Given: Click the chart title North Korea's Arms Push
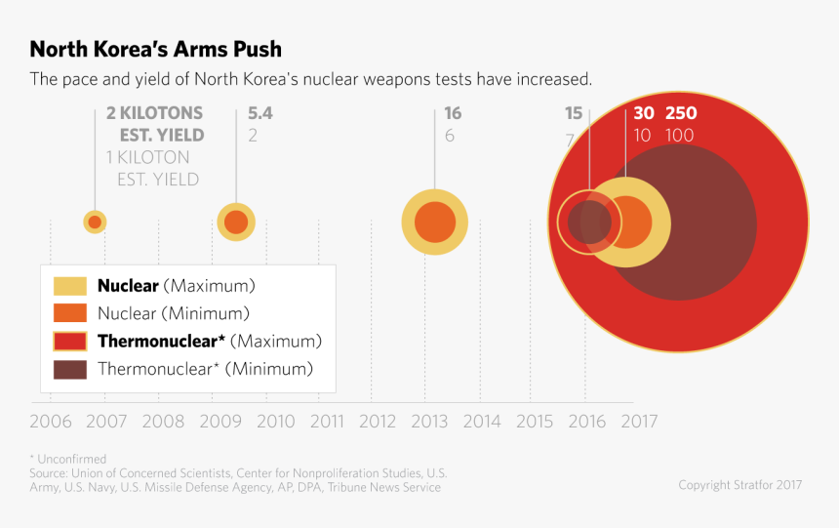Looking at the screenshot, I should pyautogui.click(x=155, y=49).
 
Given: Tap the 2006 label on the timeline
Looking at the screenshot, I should pyautogui.click(x=50, y=422).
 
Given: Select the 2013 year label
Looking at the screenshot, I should pyautogui.click(x=429, y=422).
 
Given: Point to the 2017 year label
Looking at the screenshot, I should pyautogui.click(x=639, y=422).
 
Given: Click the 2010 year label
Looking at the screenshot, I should pyautogui.click(x=275, y=422).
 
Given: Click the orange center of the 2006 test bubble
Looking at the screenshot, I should pyautogui.click(x=95, y=223).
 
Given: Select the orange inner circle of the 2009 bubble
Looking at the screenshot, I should pyautogui.click(x=236, y=223).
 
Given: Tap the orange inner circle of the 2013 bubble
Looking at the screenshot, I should pyautogui.click(x=434, y=223).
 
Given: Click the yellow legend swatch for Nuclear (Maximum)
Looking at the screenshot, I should pyautogui.click(x=70, y=286).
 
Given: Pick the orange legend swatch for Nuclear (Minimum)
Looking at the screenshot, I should pyautogui.click(x=70, y=313).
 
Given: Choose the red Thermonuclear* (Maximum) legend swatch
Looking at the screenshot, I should pyautogui.click(x=70, y=341).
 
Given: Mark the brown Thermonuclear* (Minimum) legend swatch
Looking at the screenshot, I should pyautogui.click(x=70, y=369).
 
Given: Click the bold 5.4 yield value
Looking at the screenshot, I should pyautogui.click(x=260, y=113).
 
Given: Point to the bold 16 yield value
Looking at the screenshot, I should pyautogui.click(x=453, y=113).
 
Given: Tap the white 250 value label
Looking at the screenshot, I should pyautogui.click(x=681, y=113).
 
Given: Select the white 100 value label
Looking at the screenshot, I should pyautogui.click(x=680, y=136).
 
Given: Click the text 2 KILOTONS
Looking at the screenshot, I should pyautogui.click(x=154, y=113).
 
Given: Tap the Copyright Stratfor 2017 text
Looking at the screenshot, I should pyautogui.click(x=740, y=485).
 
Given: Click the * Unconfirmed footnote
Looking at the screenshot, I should pyautogui.click(x=67, y=459).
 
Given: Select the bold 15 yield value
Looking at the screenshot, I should pyautogui.click(x=574, y=113).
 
